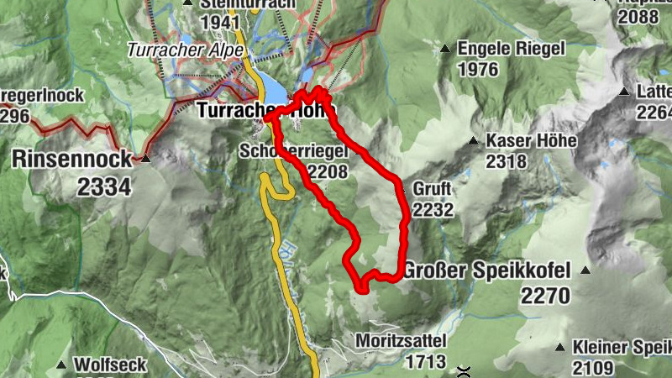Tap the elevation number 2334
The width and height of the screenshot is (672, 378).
(104, 186)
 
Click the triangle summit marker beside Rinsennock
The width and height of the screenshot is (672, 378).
(146, 157)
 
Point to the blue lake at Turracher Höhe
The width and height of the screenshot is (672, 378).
(273, 84)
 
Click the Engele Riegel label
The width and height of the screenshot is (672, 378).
(512, 49)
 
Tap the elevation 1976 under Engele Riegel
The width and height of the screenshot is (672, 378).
(480, 70)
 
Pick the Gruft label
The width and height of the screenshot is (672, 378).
(432, 187)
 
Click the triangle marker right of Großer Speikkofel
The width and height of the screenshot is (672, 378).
(585, 270)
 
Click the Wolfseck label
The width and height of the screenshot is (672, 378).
(110, 365)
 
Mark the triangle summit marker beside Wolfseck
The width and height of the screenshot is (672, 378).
(61, 365)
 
